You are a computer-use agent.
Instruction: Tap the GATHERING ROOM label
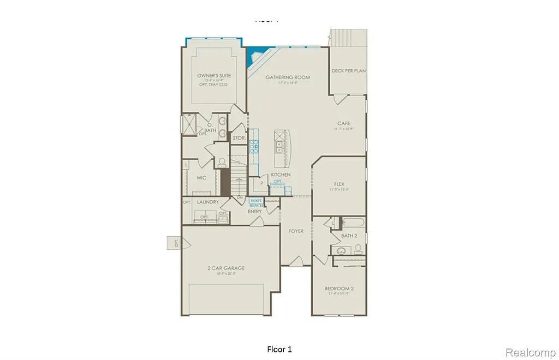tap(288, 77)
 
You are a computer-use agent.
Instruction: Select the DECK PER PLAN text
tap(348, 71)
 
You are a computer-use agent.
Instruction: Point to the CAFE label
tap(343, 123)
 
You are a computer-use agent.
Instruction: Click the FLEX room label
tap(339, 184)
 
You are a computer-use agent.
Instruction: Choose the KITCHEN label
tap(281, 175)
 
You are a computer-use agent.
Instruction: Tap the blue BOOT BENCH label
tap(257, 202)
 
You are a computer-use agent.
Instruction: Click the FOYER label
tap(296, 231)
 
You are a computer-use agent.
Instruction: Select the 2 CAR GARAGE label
tap(225, 268)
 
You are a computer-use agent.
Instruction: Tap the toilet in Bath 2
tap(358, 249)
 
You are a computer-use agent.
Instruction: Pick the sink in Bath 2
tap(341, 250)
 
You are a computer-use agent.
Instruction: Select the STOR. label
tap(238, 139)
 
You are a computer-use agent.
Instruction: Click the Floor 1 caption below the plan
tap(279, 349)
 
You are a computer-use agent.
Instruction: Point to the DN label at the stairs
tap(239, 197)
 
